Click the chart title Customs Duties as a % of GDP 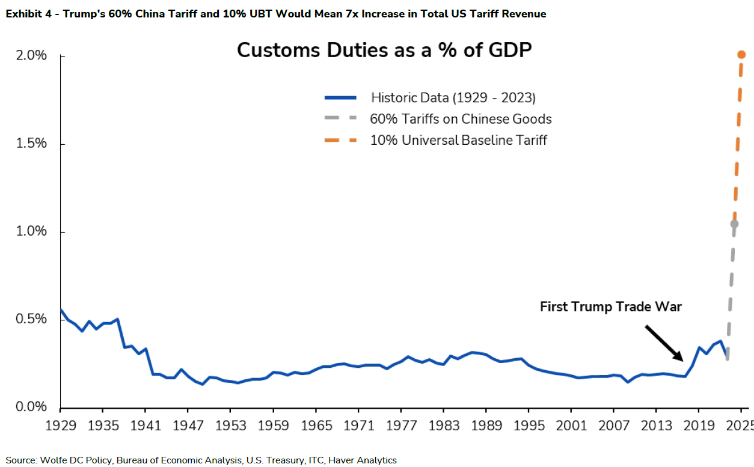coord(384,50)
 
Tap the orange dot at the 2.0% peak coord(742,55)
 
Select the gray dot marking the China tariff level coord(734,224)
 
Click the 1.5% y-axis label coord(29,144)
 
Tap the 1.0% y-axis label coord(29,232)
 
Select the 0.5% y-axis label coord(29,319)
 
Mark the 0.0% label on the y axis coord(29,407)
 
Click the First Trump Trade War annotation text coord(610,307)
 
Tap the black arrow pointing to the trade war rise coord(664,343)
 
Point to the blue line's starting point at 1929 coord(61,310)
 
